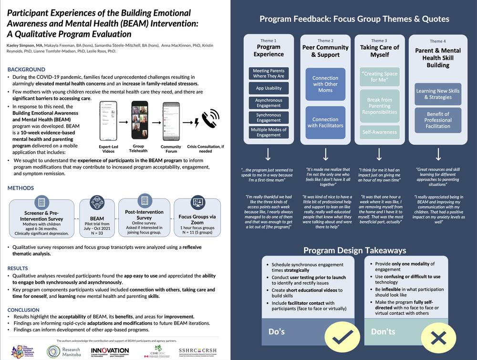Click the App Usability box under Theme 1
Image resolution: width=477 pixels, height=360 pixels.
click(269, 88)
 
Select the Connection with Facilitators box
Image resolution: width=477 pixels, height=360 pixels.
click(325, 123)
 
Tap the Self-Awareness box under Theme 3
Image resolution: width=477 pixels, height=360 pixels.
click(379, 132)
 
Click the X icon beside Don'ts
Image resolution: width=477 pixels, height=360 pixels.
click(437, 338)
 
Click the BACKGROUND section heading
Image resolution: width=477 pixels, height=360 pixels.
click(26, 70)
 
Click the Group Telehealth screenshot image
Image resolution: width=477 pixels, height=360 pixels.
click(139, 121)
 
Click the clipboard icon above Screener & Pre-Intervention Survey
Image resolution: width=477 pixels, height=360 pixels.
click(41, 202)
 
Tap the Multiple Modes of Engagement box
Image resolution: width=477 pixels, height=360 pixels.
click(269, 132)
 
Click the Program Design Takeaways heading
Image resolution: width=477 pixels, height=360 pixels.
click(355, 250)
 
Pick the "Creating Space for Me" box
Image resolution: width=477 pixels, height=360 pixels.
click(379, 77)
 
